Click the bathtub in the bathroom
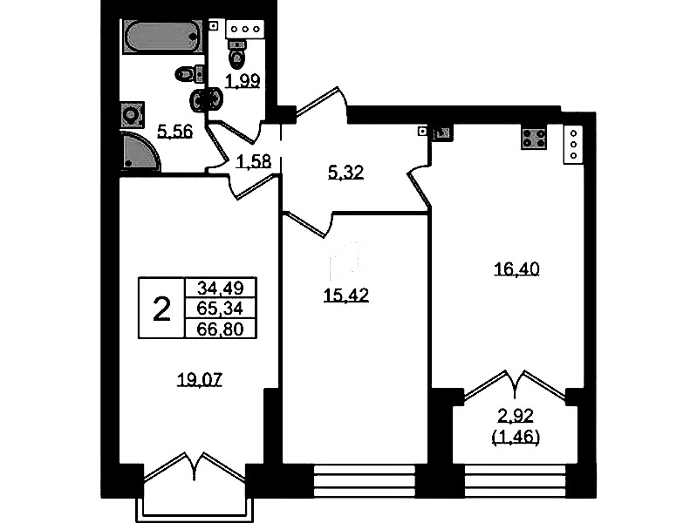[160, 37]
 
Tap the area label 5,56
[175, 132]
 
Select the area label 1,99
[243, 81]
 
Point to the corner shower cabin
[139, 151]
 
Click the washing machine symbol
[132, 115]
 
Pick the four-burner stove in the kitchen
[534, 138]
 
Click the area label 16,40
[517, 268]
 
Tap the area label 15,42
[346, 295]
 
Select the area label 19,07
[200, 380]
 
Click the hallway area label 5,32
[345, 172]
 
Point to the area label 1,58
[253, 162]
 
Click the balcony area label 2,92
[516, 417]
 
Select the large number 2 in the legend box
[161, 309]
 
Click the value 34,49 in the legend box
[221, 289]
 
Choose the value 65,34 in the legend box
[221, 309]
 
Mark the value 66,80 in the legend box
[221, 329]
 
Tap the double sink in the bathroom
[206, 99]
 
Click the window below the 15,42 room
[365, 481]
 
